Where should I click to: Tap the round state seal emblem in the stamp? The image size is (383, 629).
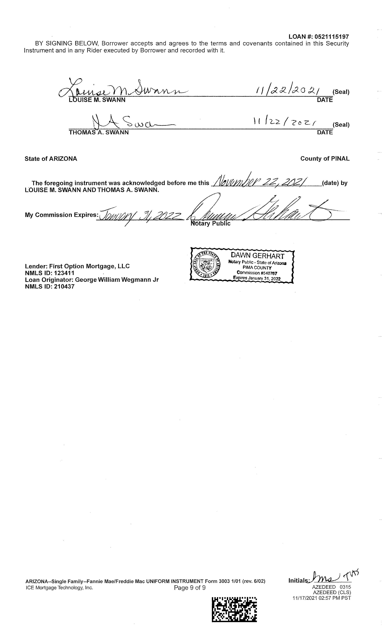pyautogui.click(x=206, y=265)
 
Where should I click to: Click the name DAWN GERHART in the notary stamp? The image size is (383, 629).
pyautogui.click(x=257, y=256)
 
